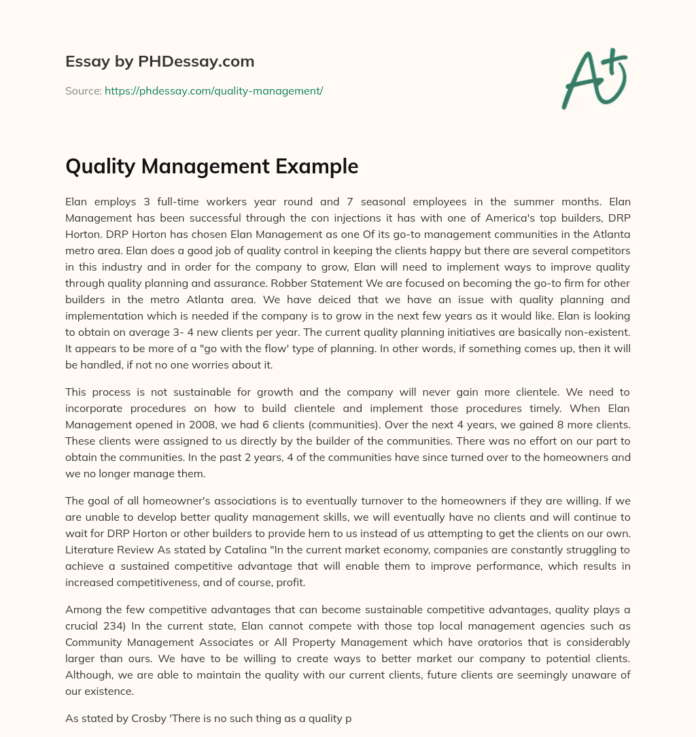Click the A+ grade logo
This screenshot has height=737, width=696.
[x=594, y=78]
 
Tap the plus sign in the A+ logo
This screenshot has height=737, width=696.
[x=614, y=62]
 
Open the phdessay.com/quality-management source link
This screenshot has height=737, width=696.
[x=213, y=90]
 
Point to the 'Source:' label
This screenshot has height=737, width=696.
[x=83, y=90]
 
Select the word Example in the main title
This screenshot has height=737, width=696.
[x=312, y=166]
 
